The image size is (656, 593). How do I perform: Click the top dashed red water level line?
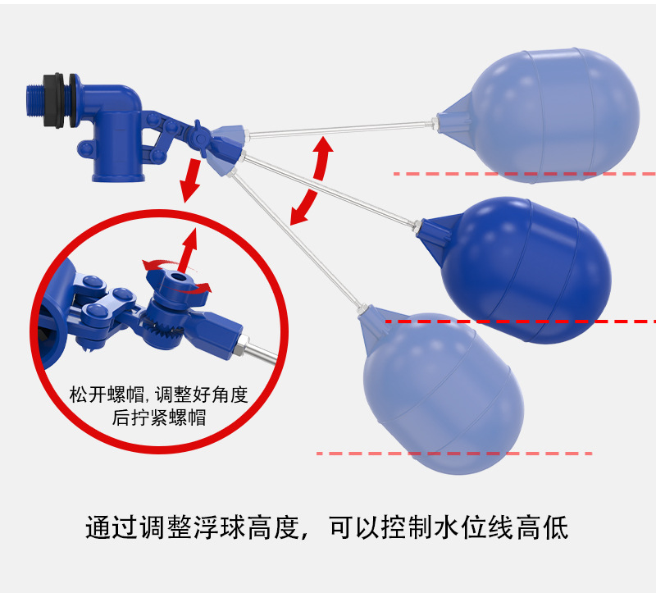pyautogui.click(x=525, y=174)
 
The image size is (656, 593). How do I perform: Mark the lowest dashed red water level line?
pyautogui.click(x=451, y=453)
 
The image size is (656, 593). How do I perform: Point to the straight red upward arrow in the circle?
pyautogui.click(x=189, y=249)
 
